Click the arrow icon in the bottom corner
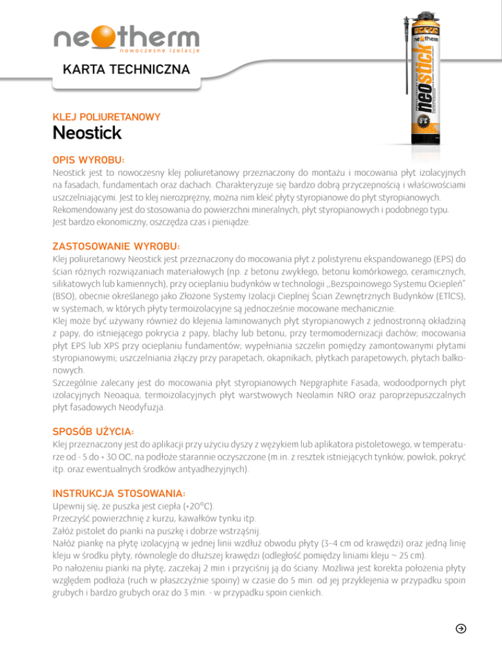coord(461,628)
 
